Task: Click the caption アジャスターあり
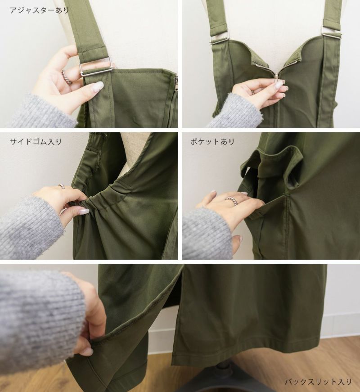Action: point(39,10)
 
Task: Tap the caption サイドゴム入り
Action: point(36,142)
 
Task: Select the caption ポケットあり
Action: point(212,142)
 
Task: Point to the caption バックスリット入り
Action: point(319,382)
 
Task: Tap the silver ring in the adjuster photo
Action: point(67,77)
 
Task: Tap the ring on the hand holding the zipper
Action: point(253,93)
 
